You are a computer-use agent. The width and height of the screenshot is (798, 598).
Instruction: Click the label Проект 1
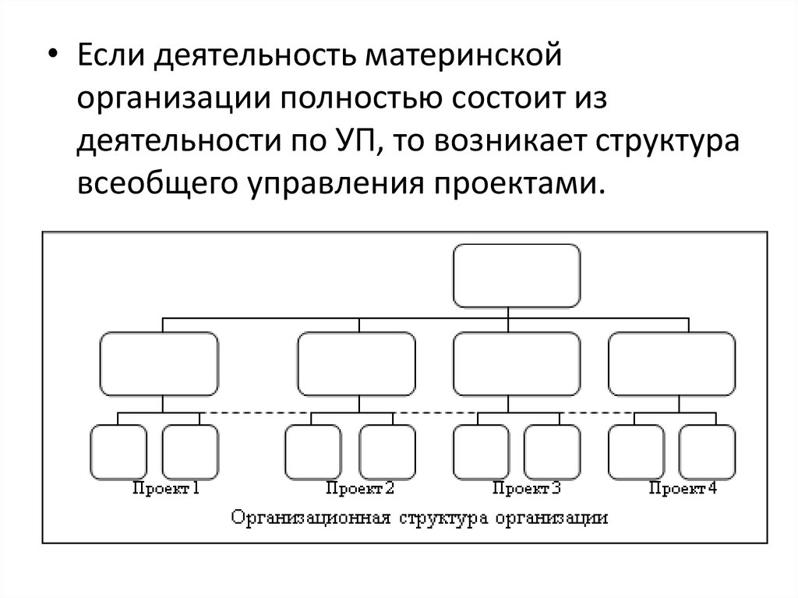(x=166, y=489)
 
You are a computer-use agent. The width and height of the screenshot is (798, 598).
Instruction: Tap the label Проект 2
(x=360, y=489)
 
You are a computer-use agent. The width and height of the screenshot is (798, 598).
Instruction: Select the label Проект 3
(x=527, y=489)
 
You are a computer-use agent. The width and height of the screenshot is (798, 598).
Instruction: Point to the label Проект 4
(x=683, y=489)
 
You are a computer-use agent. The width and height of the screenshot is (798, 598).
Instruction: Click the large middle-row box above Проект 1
(x=159, y=363)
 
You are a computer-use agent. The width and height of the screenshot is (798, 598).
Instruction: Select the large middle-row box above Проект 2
(x=356, y=363)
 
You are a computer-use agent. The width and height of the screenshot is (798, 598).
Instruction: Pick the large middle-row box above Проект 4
(x=671, y=363)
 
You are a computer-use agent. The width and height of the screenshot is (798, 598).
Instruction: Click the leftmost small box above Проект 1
(x=118, y=451)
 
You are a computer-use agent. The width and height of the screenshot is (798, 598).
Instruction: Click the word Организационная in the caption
(x=313, y=517)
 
